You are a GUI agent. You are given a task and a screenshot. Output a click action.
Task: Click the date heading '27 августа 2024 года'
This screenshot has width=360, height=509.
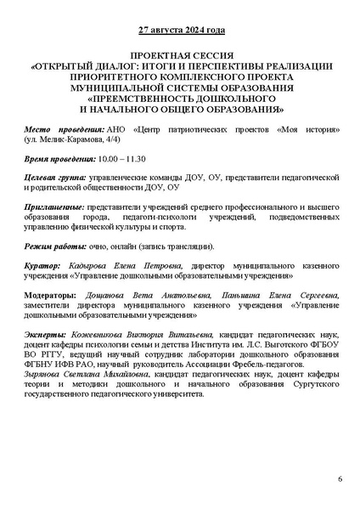180,31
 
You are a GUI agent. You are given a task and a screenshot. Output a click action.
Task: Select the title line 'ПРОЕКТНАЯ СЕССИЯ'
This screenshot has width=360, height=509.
180,53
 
